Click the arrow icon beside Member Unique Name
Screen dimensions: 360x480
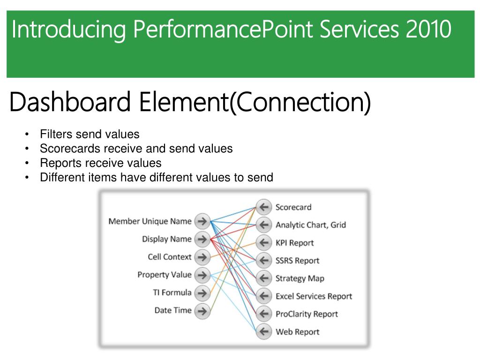click(x=202, y=221)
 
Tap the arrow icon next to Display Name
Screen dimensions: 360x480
click(x=202, y=239)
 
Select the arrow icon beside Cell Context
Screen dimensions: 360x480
click(x=202, y=257)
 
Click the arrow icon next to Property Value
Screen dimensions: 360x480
click(x=202, y=275)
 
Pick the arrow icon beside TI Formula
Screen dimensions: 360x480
click(x=202, y=293)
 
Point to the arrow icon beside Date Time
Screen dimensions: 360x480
click(x=202, y=310)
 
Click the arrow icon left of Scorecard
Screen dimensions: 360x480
click(x=264, y=207)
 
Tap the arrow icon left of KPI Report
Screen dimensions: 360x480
click(x=264, y=242)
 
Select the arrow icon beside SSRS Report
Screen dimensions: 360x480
click(x=264, y=260)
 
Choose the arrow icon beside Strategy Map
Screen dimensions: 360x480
click(x=264, y=278)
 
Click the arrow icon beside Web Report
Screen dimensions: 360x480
click(x=264, y=331)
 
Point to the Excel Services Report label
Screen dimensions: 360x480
click(x=314, y=296)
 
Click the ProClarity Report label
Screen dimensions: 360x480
click(x=307, y=314)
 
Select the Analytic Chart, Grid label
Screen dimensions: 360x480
click(x=310, y=225)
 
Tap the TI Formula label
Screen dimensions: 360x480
click(x=172, y=292)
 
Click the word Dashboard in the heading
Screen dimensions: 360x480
click(x=69, y=103)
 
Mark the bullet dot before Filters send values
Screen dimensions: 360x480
click(x=27, y=135)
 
